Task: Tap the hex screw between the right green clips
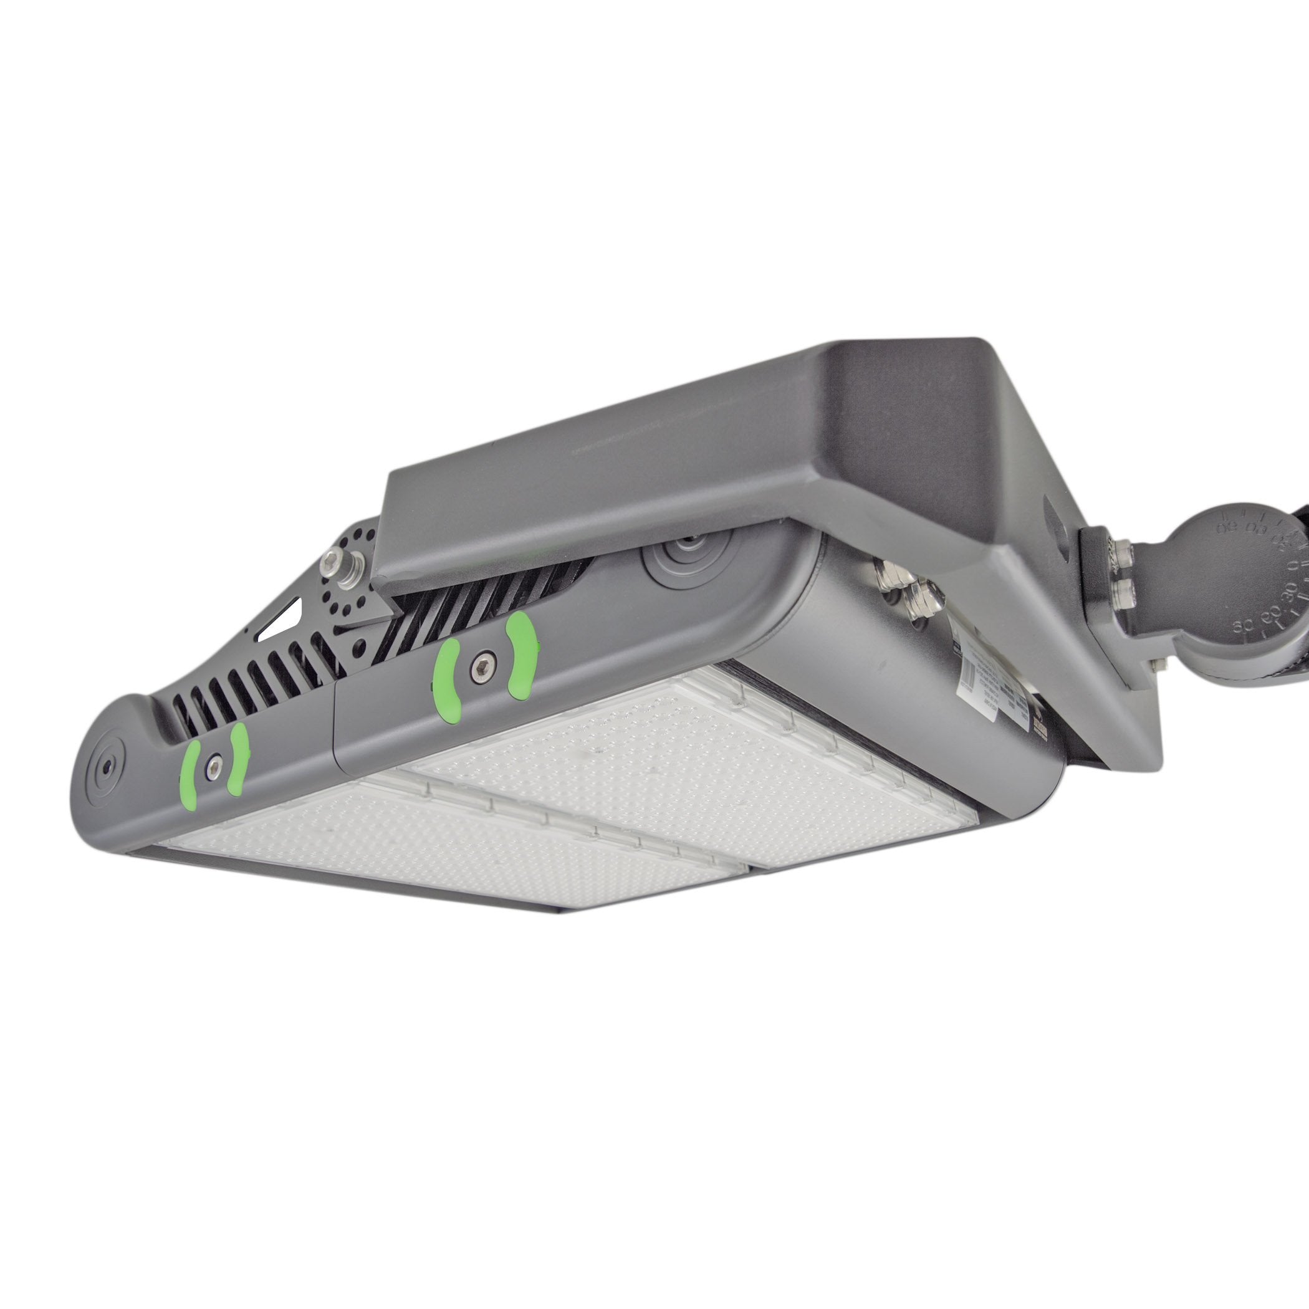[x=483, y=662]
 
